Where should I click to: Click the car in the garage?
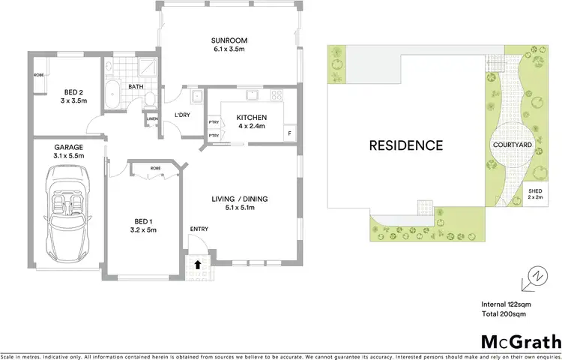click(68, 211)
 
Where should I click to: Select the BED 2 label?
click(73, 98)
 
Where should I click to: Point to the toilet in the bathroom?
click(150, 99)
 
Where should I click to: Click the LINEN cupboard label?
click(152, 118)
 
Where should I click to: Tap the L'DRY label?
click(182, 115)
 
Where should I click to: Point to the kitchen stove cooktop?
click(277, 95)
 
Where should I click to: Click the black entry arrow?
click(198, 264)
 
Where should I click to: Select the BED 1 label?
click(142, 225)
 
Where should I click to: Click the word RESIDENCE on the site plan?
click(405, 145)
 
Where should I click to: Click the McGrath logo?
click(521, 342)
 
